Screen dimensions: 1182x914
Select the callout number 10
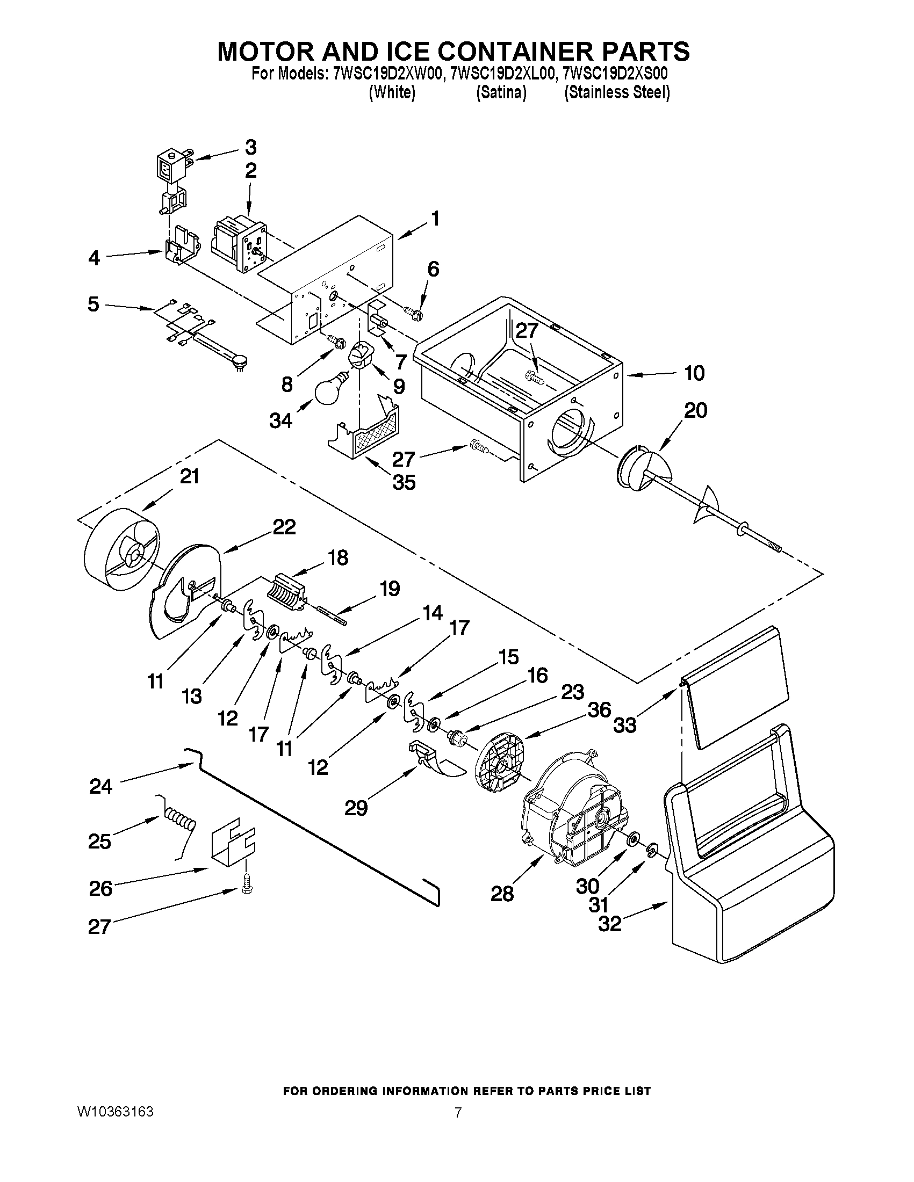pyautogui.click(x=695, y=373)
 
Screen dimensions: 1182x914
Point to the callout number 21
pyautogui.click(x=190, y=477)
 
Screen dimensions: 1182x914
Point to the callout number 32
pyautogui.click(x=609, y=923)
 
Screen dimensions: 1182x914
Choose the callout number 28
pyautogui.click(x=501, y=894)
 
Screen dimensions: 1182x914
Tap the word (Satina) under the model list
pyautogui.click(x=501, y=93)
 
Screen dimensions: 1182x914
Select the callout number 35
pyautogui.click(x=404, y=482)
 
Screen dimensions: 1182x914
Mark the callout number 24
pyautogui.click(x=100, y=786)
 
